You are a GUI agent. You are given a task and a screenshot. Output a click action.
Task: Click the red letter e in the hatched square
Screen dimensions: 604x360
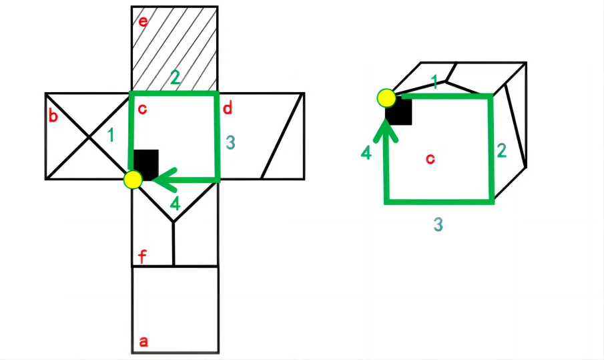(143, 21)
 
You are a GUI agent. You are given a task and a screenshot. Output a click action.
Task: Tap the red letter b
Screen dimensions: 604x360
(53, 116)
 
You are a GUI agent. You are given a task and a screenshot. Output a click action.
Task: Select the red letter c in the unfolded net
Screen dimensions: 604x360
(142, 109)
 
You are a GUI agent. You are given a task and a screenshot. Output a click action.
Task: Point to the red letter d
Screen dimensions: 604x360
(228, 108)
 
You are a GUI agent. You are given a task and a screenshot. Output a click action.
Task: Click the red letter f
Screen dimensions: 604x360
(143, 256)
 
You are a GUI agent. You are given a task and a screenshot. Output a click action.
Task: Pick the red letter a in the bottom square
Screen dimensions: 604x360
(143, 341)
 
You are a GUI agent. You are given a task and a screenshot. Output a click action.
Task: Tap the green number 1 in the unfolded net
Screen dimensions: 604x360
(111, 135)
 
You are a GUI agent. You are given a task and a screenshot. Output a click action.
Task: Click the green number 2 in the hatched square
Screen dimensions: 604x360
(175, 77)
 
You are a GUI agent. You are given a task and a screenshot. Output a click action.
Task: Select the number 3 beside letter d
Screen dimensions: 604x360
(230, 142)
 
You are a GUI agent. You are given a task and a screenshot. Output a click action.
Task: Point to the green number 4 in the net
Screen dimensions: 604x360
(176, 204)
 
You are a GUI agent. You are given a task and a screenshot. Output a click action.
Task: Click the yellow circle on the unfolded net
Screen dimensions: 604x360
(133, 180)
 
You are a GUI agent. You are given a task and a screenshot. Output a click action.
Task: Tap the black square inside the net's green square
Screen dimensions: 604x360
(146, 164)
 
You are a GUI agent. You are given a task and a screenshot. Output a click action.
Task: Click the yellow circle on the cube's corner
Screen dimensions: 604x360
(386, 98)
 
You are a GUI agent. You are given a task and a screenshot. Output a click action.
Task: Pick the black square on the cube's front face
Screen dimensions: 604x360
(399, 112)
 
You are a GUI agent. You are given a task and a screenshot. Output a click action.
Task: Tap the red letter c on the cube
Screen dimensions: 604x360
(430, 159)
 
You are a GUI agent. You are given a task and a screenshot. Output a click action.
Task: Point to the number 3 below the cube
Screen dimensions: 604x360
(438, 224)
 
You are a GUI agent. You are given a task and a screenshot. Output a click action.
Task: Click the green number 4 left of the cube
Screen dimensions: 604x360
(366, 153)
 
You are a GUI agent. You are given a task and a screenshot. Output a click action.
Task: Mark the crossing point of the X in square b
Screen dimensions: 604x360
(89, 137)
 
